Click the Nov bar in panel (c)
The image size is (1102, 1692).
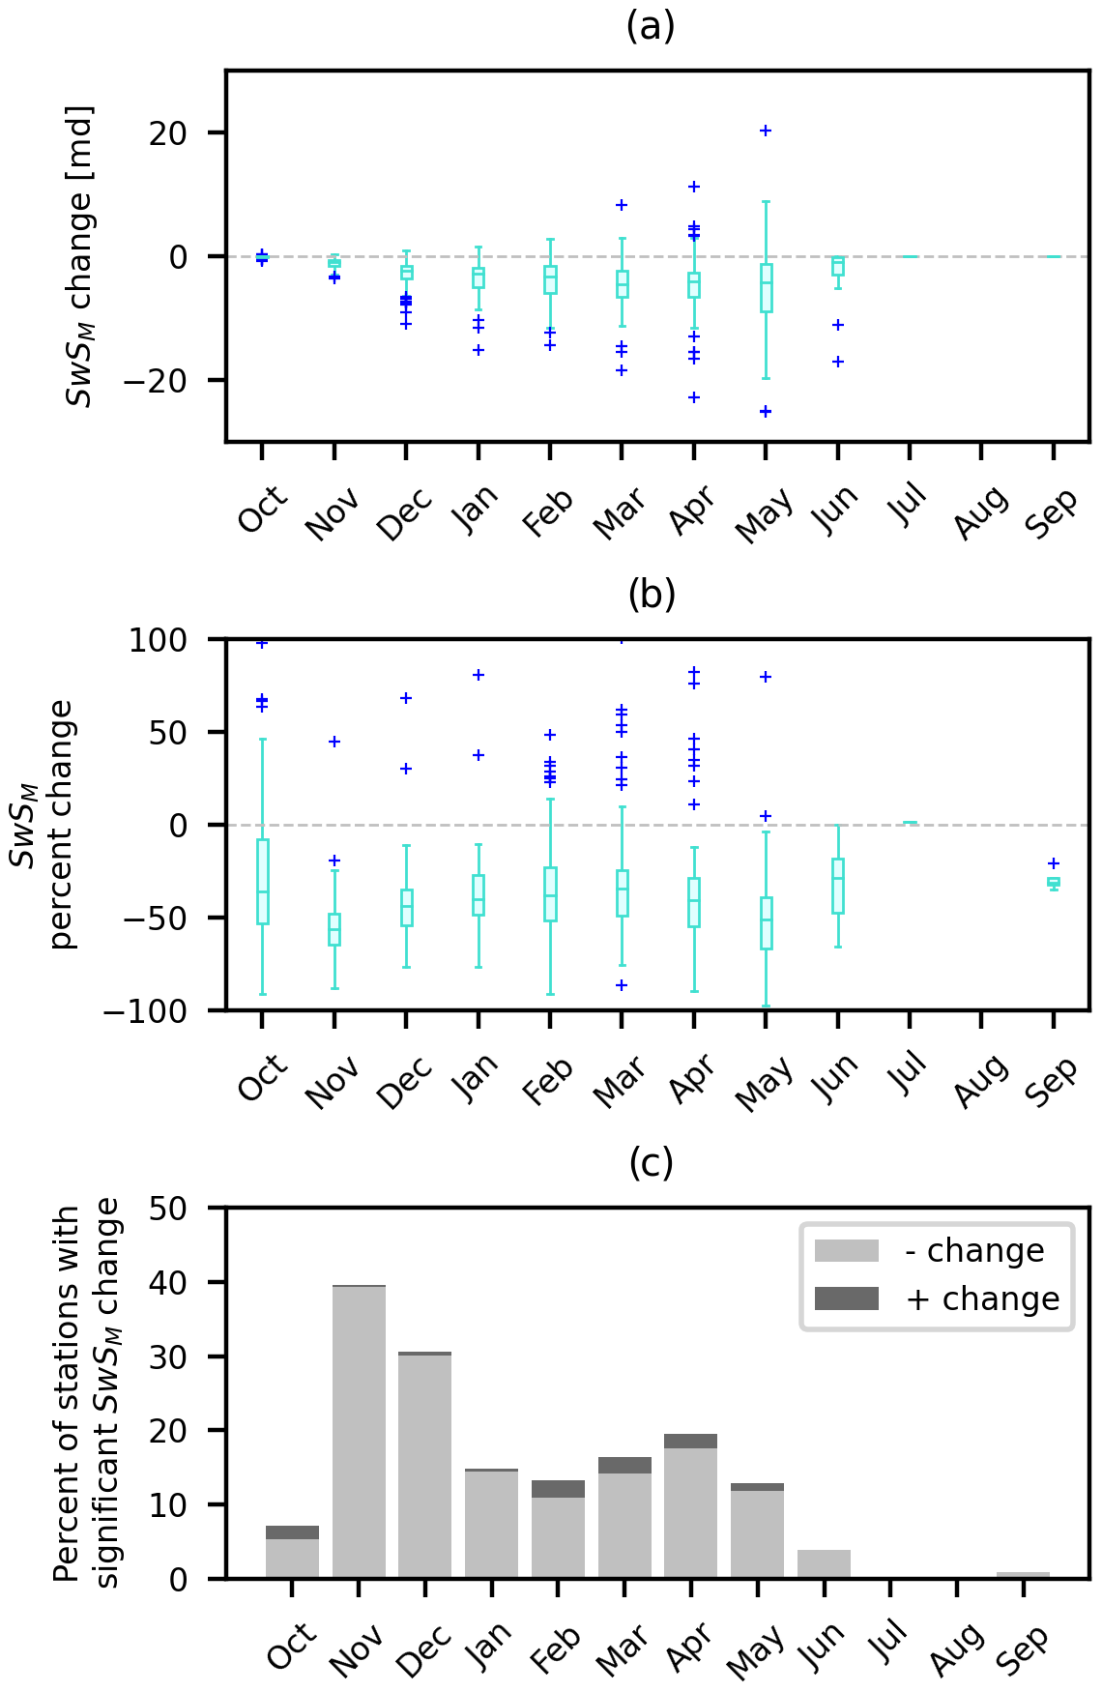[359, 1431]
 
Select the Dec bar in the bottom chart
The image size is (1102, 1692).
[424, 1465]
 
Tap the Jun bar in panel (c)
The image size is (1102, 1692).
[824, 1564]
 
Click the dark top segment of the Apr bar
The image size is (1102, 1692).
[690, 1441]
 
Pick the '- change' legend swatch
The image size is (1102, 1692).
[846, 1251]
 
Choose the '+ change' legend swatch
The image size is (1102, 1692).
[846, 1298]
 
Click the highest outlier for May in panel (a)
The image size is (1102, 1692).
[766, 131]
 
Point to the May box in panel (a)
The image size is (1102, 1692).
[766, 287]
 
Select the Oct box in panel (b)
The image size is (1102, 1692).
[262, 882]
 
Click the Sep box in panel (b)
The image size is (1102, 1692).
[1054, 882]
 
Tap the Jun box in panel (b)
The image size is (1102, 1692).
[838, 886]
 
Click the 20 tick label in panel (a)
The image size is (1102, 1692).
[168, 133]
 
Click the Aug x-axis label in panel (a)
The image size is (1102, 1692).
[980, 512]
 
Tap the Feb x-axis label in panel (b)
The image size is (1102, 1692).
[548, 1081]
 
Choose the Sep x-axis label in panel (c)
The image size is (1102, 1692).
[1023, 1649]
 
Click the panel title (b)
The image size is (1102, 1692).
[651, 594]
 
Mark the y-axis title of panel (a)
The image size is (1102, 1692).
[80, 256]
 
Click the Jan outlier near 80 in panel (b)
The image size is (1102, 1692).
[478, 675]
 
